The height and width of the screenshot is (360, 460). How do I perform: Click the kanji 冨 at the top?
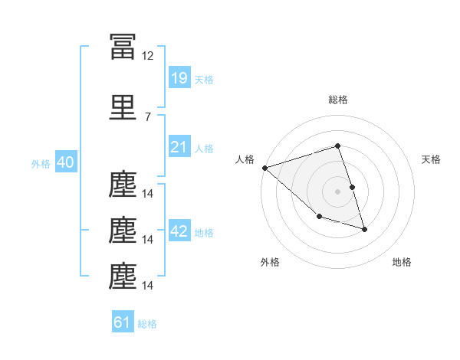click(123, 47)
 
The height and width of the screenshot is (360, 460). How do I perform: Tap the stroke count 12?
click(148, 56)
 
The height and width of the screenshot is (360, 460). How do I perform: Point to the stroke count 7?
click(147, 116)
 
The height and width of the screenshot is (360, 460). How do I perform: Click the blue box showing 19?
click(179, 78)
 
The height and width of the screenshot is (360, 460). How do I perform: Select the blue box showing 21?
click(179, 147)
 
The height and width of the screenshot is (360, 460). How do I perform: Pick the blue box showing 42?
click(179, 231)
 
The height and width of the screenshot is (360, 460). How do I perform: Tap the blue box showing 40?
click(65, 163)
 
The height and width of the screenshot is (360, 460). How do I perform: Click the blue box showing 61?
click(123, 322)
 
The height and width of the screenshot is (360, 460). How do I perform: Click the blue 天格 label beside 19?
click(204, 80)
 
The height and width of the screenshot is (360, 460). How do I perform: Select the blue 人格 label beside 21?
click(204, 149)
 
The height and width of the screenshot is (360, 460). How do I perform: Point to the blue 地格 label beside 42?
click(204, 233)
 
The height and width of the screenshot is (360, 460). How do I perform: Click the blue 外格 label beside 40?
click(40, 164)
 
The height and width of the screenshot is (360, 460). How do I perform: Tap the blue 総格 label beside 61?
click(147, 324)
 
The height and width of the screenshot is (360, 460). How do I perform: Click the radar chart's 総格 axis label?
click(337, 100)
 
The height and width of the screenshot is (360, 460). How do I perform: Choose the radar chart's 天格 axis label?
click(431, 159)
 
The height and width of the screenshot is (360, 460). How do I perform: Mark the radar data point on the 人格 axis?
click(264, 168)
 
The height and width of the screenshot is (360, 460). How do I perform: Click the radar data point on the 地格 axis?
click(364, 229)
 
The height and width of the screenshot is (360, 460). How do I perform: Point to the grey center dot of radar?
click(337, 191)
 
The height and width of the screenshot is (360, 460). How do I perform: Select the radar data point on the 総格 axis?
click(337, 146)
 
